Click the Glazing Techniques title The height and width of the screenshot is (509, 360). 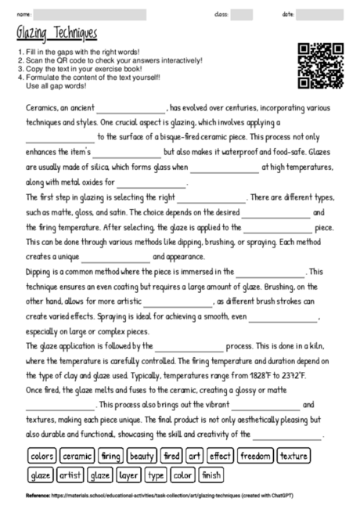click(x=56, y=33)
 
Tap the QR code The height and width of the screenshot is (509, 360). click(x=322, y=67)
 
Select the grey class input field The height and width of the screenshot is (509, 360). click(x=242, y=15)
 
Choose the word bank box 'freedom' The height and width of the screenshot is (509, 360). click(x=254, y=455)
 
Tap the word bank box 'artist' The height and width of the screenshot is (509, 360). click(x=70, y=475)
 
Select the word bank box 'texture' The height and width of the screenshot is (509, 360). click(x=293, y=455)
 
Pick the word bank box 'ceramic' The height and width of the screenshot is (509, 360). click(x=77, y=455)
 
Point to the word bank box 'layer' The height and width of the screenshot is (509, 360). click(x=129, y=475)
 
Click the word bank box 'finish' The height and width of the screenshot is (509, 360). click(x=211, y=475)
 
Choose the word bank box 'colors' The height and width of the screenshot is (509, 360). click(x=41, y=455)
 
